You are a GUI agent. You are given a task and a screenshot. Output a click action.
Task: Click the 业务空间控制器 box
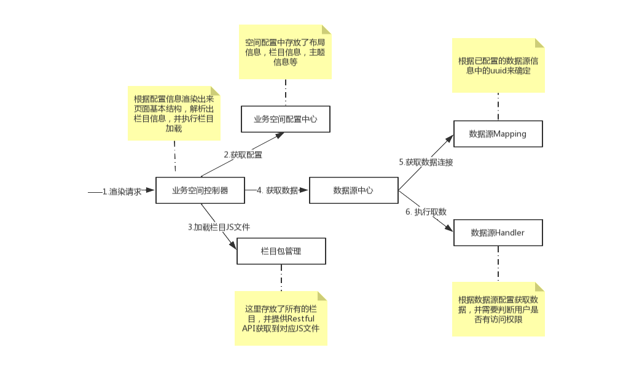coord(200,190)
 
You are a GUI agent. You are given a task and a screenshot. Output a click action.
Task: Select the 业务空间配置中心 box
coord(286,119)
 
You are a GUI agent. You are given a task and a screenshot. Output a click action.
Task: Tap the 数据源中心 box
coord(353,190)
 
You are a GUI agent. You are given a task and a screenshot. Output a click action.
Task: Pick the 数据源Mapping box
coord(498,134)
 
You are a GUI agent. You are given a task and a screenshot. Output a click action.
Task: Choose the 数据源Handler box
coord(498,233)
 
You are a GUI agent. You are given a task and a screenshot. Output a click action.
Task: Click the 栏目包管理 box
coord(281,251)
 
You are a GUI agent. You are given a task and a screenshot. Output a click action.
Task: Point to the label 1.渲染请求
coord(122,191)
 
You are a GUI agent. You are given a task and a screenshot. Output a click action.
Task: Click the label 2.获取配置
coord(243,155)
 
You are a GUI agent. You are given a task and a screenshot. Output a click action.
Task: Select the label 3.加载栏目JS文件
coord(219,227)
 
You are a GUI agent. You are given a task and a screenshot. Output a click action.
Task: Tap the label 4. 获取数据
coord(277,191)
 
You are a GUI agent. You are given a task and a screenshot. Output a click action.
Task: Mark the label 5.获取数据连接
coord(426,162)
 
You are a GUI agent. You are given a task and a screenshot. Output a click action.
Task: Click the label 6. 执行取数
coord(426,212)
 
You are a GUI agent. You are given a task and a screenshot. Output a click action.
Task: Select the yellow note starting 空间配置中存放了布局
coord(285,52)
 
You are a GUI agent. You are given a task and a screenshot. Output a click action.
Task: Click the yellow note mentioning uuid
coord(498,66)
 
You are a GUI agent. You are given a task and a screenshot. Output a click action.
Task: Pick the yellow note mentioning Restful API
coord(281,318)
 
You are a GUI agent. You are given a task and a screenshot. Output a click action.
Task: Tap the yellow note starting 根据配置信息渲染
coord(174,113)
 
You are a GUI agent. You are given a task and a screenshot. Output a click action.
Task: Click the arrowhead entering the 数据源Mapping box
coord(449,139)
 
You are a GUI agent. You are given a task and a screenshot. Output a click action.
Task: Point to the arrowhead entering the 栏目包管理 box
coord(233,245)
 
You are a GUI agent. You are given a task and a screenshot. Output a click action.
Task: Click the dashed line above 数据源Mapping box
coord(498,107)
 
